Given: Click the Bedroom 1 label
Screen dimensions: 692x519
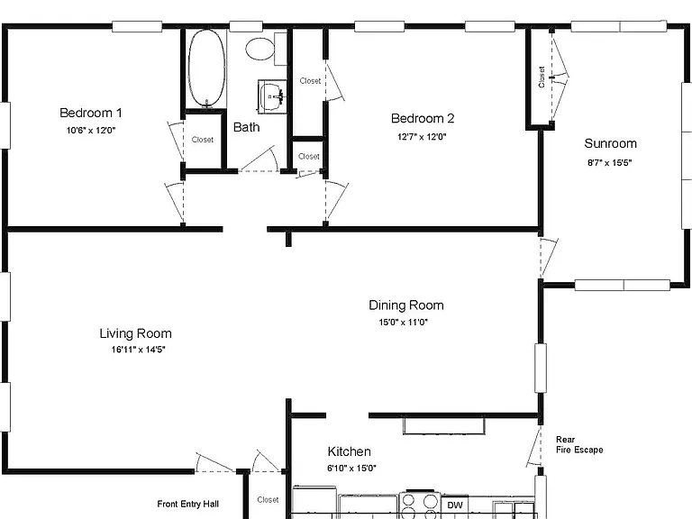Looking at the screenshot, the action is click(x=91, y=113).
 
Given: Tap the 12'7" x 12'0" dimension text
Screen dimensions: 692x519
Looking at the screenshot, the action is click(x=422, y=137).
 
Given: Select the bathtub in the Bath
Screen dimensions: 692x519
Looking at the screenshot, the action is click(x=206, y=68).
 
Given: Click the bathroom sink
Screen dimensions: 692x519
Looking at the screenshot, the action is click(x=272, y=96).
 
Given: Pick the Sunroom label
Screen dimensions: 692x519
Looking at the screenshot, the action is click(x=610, y=143).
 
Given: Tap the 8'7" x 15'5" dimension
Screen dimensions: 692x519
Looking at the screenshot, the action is click(x=609, y=163).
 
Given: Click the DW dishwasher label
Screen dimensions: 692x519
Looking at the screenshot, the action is click(x=454, y=505).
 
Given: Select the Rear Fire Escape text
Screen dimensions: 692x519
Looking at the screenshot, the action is click(x=579, y=445).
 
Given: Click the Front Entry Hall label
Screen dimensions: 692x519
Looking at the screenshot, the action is click(x=188, y=504).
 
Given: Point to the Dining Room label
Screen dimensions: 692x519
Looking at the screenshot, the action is click(x=406, y=305).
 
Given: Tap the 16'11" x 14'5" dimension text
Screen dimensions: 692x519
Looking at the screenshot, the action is click(x=138, y=350).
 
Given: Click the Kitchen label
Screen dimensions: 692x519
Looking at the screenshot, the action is click(x=349, y=451).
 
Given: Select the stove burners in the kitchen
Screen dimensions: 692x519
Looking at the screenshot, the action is click(x=419, y=505).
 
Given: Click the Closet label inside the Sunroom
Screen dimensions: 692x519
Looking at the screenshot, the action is click(x=542, y=77).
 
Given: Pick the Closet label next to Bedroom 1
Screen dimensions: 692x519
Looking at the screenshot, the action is click(x=203, y=140).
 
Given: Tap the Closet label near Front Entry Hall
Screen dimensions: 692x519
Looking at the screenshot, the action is click(x=268, y=499).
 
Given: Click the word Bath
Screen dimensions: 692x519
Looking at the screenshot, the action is click(x=246, y=127).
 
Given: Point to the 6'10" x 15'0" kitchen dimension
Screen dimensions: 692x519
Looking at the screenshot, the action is click(x=351, y=469).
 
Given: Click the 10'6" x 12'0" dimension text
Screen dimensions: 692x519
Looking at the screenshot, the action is click(x=91, y=130).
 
